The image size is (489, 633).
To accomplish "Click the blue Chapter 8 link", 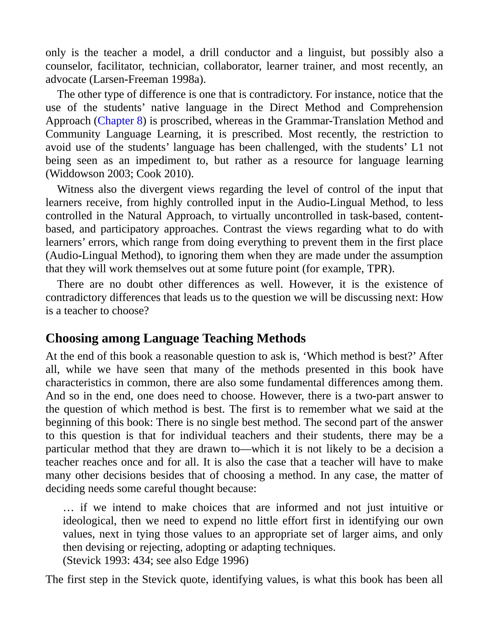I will pyautogui.click(x=120, y=121).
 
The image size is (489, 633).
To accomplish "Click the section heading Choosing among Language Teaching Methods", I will pyautogui.click(x=175, y=338).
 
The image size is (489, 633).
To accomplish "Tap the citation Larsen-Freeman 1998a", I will pyautogui.click(x=147, y=79).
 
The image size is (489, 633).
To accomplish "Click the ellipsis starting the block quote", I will pyautogui.click(x=68, y=508).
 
